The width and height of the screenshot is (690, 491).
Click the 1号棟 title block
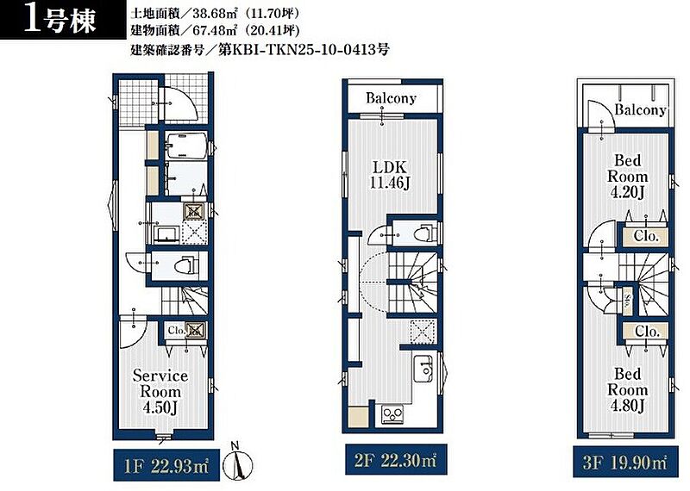[63, 20]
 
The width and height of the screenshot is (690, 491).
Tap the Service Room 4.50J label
[160, 391]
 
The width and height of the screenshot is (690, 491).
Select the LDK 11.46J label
[390, 175]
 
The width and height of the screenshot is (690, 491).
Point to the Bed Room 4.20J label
[628, 177]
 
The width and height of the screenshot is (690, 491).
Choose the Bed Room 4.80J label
[628, 390]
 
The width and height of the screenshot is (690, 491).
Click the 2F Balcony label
[391, 97]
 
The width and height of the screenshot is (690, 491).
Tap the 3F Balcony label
[640, 109]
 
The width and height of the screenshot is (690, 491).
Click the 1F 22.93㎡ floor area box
[166, 465]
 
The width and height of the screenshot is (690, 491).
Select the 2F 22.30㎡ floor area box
[396, 460]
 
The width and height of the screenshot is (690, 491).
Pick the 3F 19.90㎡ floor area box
[625, 462]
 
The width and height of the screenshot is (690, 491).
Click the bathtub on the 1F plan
[186, 145]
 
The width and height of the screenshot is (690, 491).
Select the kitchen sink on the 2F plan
[423, 367]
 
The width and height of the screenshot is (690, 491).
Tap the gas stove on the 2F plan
[392, 414]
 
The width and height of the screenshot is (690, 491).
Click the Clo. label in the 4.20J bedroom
[646, 237]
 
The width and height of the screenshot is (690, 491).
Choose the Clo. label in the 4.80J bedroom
[647, 331]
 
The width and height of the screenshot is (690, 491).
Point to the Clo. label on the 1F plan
[177, 330]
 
